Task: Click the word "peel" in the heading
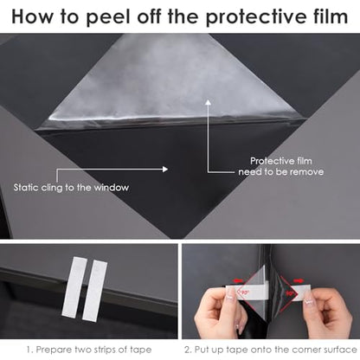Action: pos(108,17)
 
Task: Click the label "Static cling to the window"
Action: pos(71,188)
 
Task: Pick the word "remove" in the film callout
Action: pos(306,172)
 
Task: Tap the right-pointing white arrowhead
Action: pos(165,169)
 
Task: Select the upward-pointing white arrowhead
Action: pos(208,102)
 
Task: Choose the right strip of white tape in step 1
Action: pos(94,290)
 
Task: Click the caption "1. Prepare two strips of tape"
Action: pos(89,350)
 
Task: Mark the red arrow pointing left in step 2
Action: pos(238,280)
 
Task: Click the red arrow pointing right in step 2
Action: pos(299,280)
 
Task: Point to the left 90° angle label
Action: pos(245,292)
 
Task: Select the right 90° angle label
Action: pos(290,293)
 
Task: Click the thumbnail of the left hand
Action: pos(230,294)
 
